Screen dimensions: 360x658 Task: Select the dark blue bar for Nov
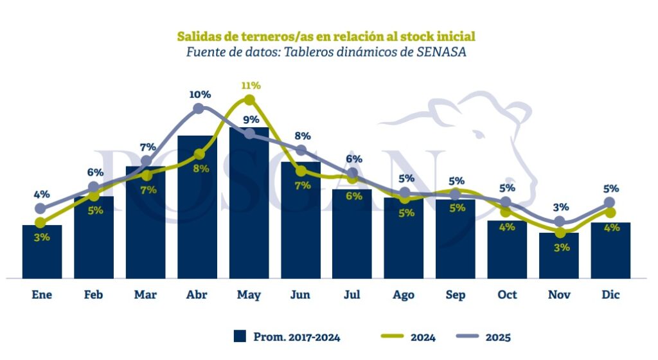[558, 255]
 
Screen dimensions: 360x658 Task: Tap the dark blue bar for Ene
[42, 251]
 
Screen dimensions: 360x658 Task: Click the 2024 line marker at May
[249, 100]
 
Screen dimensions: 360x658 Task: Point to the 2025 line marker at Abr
[198, 109]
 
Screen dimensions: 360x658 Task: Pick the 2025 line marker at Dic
[610, 203]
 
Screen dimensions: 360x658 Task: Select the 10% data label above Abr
[200, 94]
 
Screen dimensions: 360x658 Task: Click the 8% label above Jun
[303, 136]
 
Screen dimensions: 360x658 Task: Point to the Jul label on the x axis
[352, 295]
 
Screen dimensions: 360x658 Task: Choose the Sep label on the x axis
[456, 295]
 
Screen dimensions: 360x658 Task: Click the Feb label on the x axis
[94, 295]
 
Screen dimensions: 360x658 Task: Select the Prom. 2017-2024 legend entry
[287, 336]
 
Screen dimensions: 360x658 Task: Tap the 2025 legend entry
[485, 336]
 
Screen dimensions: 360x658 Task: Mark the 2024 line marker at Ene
[41, 222]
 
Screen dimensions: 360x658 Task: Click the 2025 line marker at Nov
[559, 222]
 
